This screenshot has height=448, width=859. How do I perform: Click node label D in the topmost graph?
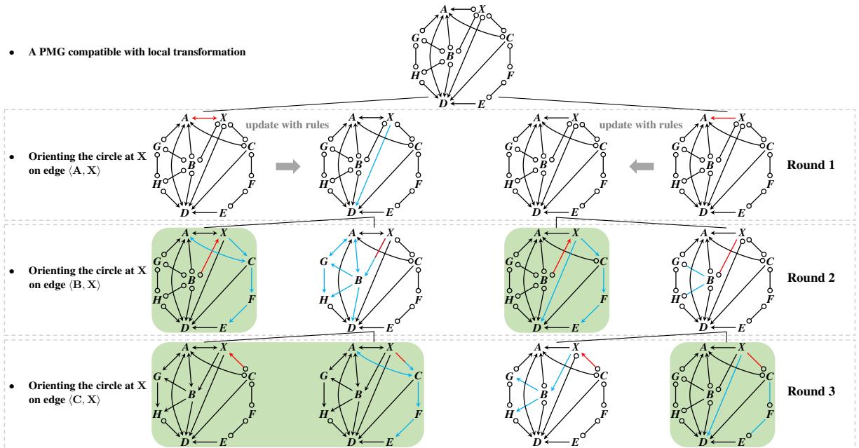[442, 104]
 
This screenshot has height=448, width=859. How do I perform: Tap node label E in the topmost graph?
[481, 104]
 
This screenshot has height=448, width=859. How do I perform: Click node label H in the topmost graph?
[415, 75]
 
